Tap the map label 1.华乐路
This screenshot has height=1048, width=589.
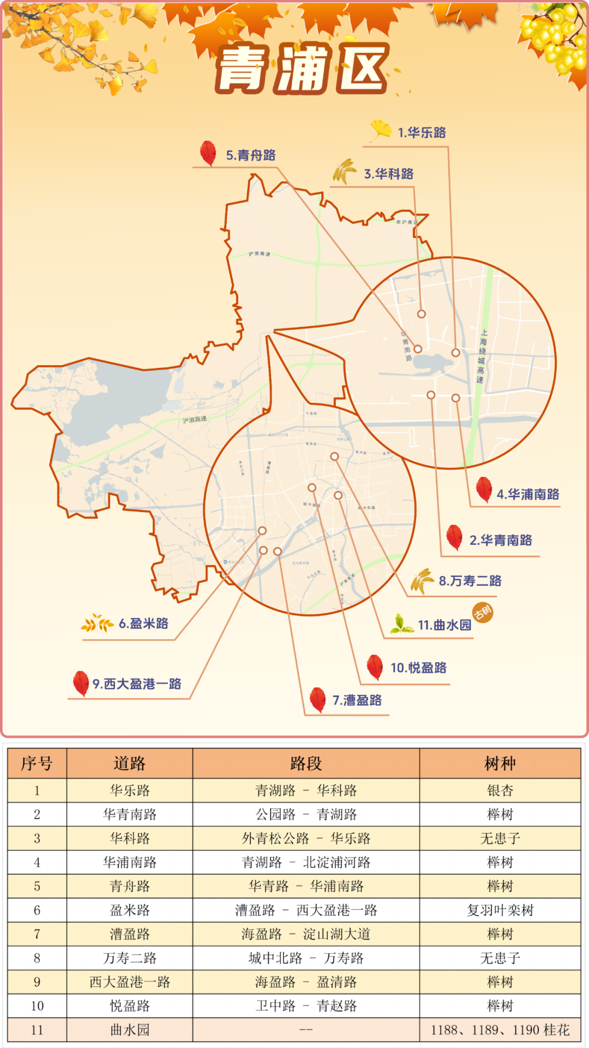[422, 133]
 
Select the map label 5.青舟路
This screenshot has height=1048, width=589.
[251, 156]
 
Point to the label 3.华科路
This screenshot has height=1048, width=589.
[389, 174]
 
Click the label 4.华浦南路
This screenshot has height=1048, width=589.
[528, 495]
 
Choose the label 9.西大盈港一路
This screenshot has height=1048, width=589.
[136, 684]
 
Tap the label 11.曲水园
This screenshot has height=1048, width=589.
[444, 625]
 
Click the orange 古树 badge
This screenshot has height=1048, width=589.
[483, 613]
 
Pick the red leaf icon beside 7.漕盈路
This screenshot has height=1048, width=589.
[317, 700]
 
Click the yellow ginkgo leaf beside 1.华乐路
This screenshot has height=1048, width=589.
[381, 130]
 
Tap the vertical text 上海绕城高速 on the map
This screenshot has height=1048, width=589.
[482, 356]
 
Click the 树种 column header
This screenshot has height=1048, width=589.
[500, 764]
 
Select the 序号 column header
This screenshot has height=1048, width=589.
[37, 764]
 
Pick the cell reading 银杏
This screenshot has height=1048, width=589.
[500, 790]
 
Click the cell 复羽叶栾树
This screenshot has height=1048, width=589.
[500, 910]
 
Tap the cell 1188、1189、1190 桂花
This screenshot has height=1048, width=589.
[500, 1030]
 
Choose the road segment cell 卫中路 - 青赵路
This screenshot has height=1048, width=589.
[306, 1006]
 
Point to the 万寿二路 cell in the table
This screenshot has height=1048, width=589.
[130, 958]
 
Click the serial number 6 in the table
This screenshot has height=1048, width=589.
[37, 910]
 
